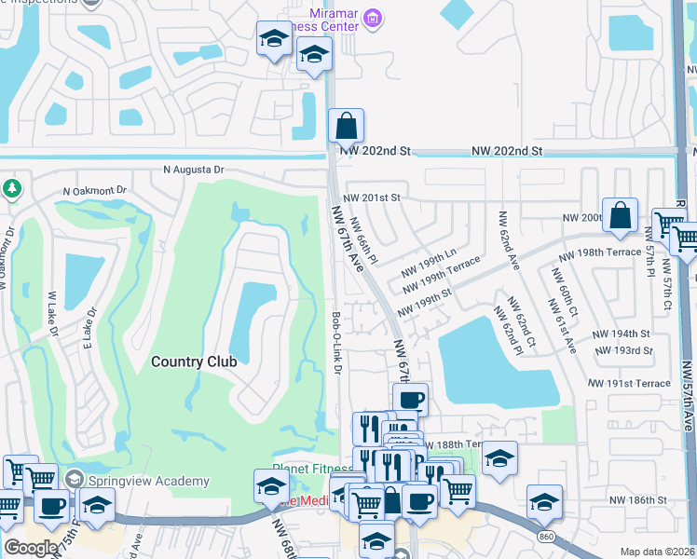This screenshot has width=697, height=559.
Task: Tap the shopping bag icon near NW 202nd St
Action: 346,125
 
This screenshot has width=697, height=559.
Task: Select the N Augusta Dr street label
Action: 194,170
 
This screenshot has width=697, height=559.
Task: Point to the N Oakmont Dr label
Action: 94,191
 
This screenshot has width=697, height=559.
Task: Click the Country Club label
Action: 194,361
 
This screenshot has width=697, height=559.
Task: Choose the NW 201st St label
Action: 371,198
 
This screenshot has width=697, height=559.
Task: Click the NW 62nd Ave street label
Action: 508,239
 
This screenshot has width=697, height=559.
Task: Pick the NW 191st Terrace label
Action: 629,383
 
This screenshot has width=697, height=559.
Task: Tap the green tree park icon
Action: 11,189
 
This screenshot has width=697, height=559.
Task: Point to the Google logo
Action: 30,548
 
